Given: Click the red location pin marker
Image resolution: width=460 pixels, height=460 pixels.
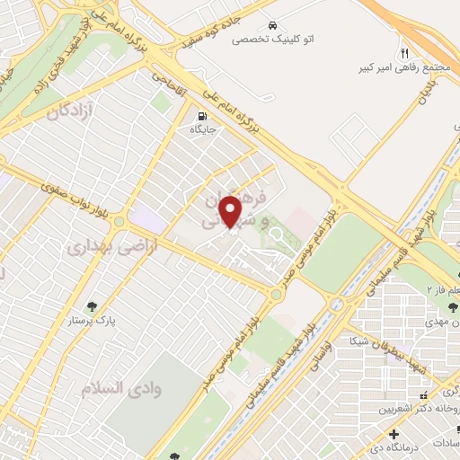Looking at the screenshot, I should click(x=232, y=212).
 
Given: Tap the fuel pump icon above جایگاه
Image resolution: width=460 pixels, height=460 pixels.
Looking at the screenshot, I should click(x=201, y=115).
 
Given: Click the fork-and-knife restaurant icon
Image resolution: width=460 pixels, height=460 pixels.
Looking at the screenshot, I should click(x=404, y=53).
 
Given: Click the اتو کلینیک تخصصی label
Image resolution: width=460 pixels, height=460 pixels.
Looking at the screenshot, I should click(x=270, y=40).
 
